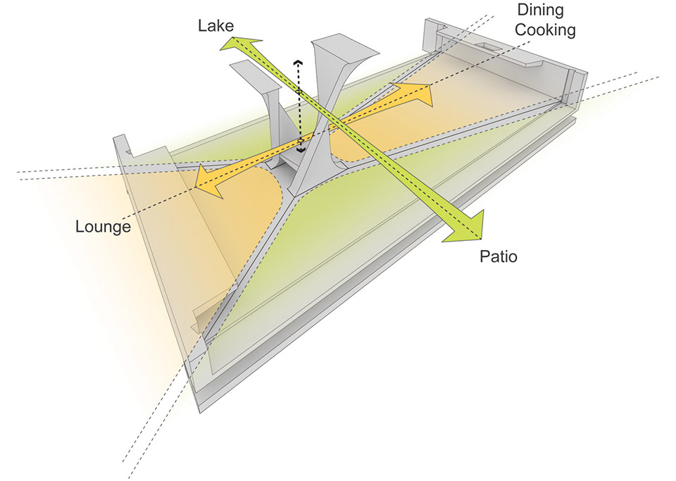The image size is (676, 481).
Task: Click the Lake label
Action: [x=215, y=25]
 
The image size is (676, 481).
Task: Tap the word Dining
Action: [x=540, y=9]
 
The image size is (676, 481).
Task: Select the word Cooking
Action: [x=545, y=30]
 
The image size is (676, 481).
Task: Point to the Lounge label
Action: [x=103, y=226]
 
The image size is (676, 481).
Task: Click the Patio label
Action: [x=499, y=256]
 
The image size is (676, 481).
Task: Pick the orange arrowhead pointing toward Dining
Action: [x=415, y=94]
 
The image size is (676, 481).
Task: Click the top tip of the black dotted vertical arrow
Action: [x=297, y=61]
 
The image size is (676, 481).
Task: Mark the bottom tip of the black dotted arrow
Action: [x=300, y=151]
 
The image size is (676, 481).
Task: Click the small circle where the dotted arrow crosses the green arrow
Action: [x=299, y=92]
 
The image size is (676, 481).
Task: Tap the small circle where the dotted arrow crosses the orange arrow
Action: [x=301, y=141]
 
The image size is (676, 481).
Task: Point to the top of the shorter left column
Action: [x=255, y=76]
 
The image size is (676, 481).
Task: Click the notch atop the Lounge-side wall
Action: [x=128, y=151]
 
